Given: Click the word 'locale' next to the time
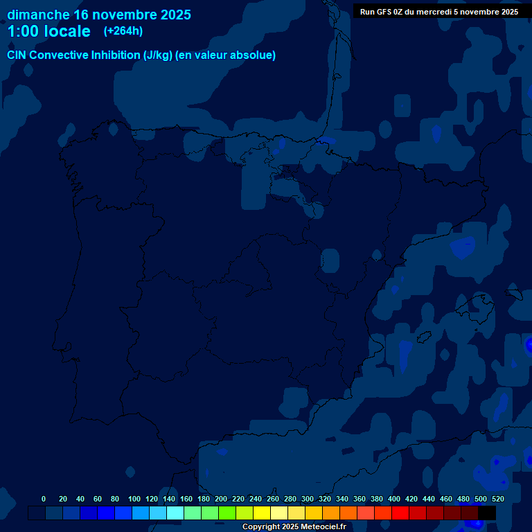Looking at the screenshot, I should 67,31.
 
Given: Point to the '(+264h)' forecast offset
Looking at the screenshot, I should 123,31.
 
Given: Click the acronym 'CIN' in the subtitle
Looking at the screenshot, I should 17,55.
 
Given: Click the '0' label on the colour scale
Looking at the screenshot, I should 44,499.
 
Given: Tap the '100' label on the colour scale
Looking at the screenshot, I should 134,499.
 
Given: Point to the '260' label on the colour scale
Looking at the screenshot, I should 272,499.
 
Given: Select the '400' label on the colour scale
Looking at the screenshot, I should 394,499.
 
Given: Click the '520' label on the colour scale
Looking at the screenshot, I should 498,499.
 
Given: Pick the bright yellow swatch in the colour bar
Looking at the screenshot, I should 262,513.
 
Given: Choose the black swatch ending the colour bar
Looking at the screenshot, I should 487,513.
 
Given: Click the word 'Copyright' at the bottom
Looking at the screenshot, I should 262,527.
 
